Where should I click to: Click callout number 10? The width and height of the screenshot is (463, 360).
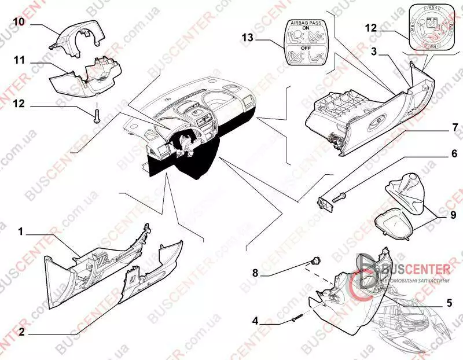19,22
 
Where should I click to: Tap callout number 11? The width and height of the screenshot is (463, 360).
19,59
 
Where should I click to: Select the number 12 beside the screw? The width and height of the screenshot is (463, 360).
19,104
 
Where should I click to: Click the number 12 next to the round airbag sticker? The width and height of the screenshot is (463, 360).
371,27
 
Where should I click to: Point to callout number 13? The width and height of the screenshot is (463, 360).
248,38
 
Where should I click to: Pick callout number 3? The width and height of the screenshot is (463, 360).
375,52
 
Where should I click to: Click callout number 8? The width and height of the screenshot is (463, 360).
255,271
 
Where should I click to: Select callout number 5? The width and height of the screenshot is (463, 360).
448,302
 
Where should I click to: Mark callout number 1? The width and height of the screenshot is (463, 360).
20,232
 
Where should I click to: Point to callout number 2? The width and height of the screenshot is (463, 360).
21,332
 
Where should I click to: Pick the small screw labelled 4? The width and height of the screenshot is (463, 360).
297,317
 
